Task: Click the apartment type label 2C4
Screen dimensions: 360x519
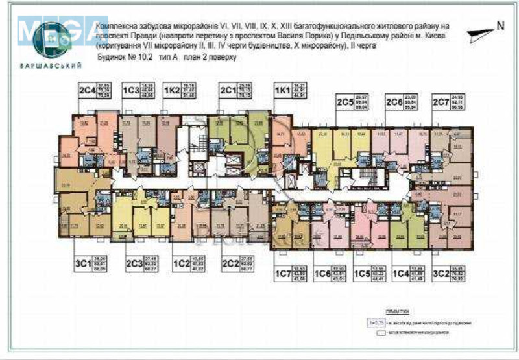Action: [86, 88]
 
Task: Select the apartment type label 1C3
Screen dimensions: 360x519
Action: [132, 88]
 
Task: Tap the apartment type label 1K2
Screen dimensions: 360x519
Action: [173, 88]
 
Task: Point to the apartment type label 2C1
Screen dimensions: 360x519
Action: [228, 88]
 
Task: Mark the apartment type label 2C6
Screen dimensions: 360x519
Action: [395, 102]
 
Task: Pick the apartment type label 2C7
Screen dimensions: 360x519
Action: [442, 102]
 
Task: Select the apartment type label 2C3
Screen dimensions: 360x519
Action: [134, 265]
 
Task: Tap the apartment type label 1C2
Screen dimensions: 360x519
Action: [181, 265]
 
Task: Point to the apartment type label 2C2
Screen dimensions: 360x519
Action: [230, 265]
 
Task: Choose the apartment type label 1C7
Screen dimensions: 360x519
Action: [284, 272]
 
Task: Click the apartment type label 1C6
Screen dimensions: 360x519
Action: [322, 272]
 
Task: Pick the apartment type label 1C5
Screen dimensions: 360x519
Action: [363, 272]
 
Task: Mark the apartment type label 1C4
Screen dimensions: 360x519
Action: [403, 272]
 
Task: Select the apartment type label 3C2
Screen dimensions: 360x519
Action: [442, 272]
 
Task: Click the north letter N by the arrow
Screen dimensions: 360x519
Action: [500, 26]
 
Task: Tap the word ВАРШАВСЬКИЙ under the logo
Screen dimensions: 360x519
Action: [58, 66]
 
